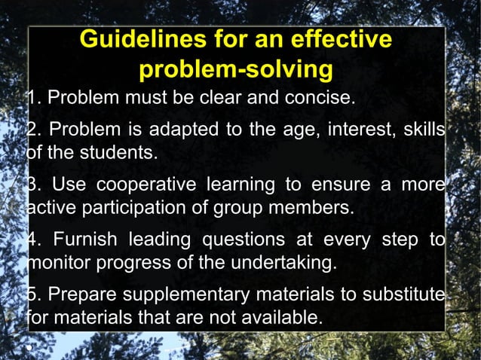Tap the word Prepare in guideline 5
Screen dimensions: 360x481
click(x=75, y=294)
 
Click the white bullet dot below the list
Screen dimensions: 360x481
click(x=29, y=349)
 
